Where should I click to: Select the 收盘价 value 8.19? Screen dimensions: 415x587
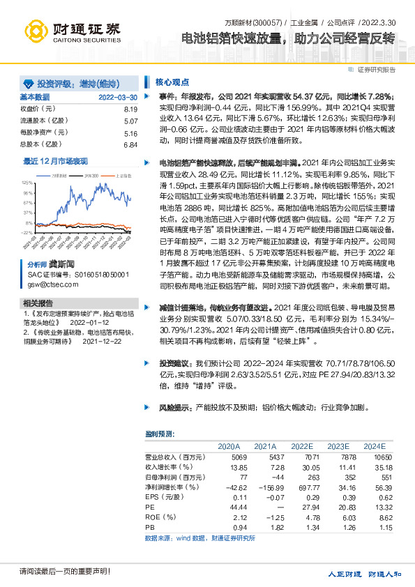pos(130,109)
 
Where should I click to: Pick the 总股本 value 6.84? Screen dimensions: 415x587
pos(130,144)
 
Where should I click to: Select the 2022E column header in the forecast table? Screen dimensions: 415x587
pos(302,446)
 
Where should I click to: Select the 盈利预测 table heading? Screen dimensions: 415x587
pos(160,433)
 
